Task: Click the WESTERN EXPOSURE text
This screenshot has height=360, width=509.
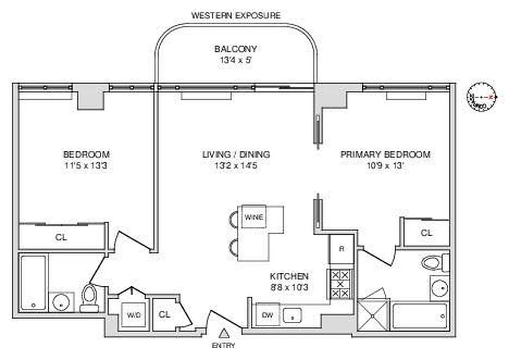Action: coord(236,15)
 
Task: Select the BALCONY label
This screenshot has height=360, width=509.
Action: coord(235,49)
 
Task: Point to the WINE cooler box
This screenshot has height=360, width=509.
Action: coord(254,216)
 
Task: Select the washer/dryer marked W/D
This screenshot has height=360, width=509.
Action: coord(133,315)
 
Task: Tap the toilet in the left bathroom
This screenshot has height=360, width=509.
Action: coord(89,297)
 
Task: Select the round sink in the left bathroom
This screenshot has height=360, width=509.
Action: coord(60,302)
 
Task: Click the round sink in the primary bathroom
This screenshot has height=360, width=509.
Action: coord(439,288)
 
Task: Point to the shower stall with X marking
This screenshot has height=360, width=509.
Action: coord(373,315)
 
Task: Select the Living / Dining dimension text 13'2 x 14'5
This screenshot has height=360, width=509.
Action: coord(236,165)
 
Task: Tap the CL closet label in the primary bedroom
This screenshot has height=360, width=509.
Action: coord(426,233)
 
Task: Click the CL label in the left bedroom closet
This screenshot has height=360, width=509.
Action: coord(61,237)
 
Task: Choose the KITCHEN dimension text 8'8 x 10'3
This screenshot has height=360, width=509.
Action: coord(289,287)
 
